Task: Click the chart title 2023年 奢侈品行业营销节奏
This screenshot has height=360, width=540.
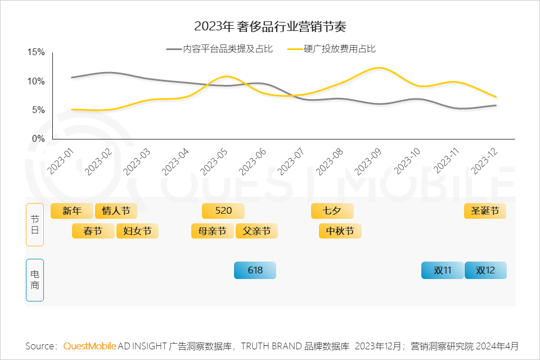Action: [x=269, y=26]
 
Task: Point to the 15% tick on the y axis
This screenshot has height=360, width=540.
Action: [x=36, y=52]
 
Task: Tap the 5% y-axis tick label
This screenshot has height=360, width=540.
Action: [x=38, y=110]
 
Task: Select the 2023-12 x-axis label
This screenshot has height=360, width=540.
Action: [x=484, y=160]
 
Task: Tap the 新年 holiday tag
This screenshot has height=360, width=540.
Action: [x=71, y=211]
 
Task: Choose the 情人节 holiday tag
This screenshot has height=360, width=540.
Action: [x=116, y=211]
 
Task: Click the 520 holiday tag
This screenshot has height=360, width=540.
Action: [x=223, y=211]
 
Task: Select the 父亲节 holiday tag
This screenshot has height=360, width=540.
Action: [x=256, y=231]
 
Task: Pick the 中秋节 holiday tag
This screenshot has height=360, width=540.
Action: [x=340, y=231]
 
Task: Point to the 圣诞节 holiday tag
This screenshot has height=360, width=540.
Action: [x=485, y=211]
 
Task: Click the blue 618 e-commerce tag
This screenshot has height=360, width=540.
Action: [x=255, y=270]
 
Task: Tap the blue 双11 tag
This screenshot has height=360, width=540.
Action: [x=443, y=270]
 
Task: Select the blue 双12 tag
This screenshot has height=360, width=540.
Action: [x=485, y=270]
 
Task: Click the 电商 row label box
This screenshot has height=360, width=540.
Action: [x=34, y=280]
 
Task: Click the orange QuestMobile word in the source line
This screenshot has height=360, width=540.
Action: [x=90, y=345]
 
